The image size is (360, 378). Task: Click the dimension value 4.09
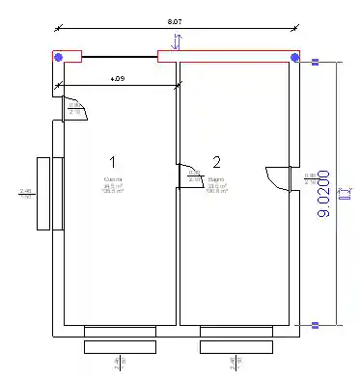click(x=117, y=77)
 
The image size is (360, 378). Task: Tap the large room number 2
click(x=217, y=161)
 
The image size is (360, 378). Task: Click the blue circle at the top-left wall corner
click(x=59, y=58)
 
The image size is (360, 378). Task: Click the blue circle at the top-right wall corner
click(x=293, y=58)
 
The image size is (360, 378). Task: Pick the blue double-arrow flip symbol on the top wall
click(x=175, y=41)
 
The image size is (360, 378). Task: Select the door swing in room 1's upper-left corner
click(x=75, y=109)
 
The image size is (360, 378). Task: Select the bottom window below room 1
click(x=120, y=338)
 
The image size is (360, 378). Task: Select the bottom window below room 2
click(x=236, y=338)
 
